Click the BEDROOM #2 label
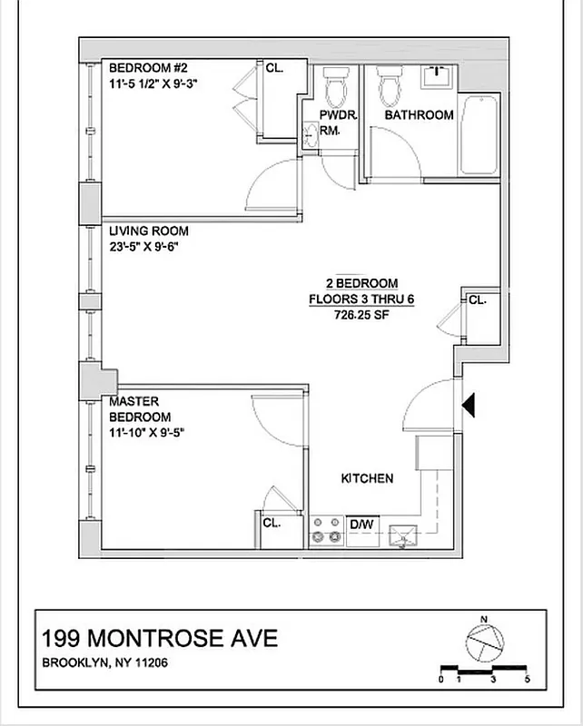148,68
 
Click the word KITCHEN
367,478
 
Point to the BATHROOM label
419,115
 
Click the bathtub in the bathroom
478,136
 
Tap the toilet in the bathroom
390,86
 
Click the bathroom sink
437,76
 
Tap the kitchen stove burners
323,531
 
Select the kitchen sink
400,537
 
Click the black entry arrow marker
469,405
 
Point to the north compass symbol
482,641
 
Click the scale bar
484,670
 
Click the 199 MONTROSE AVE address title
161,639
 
